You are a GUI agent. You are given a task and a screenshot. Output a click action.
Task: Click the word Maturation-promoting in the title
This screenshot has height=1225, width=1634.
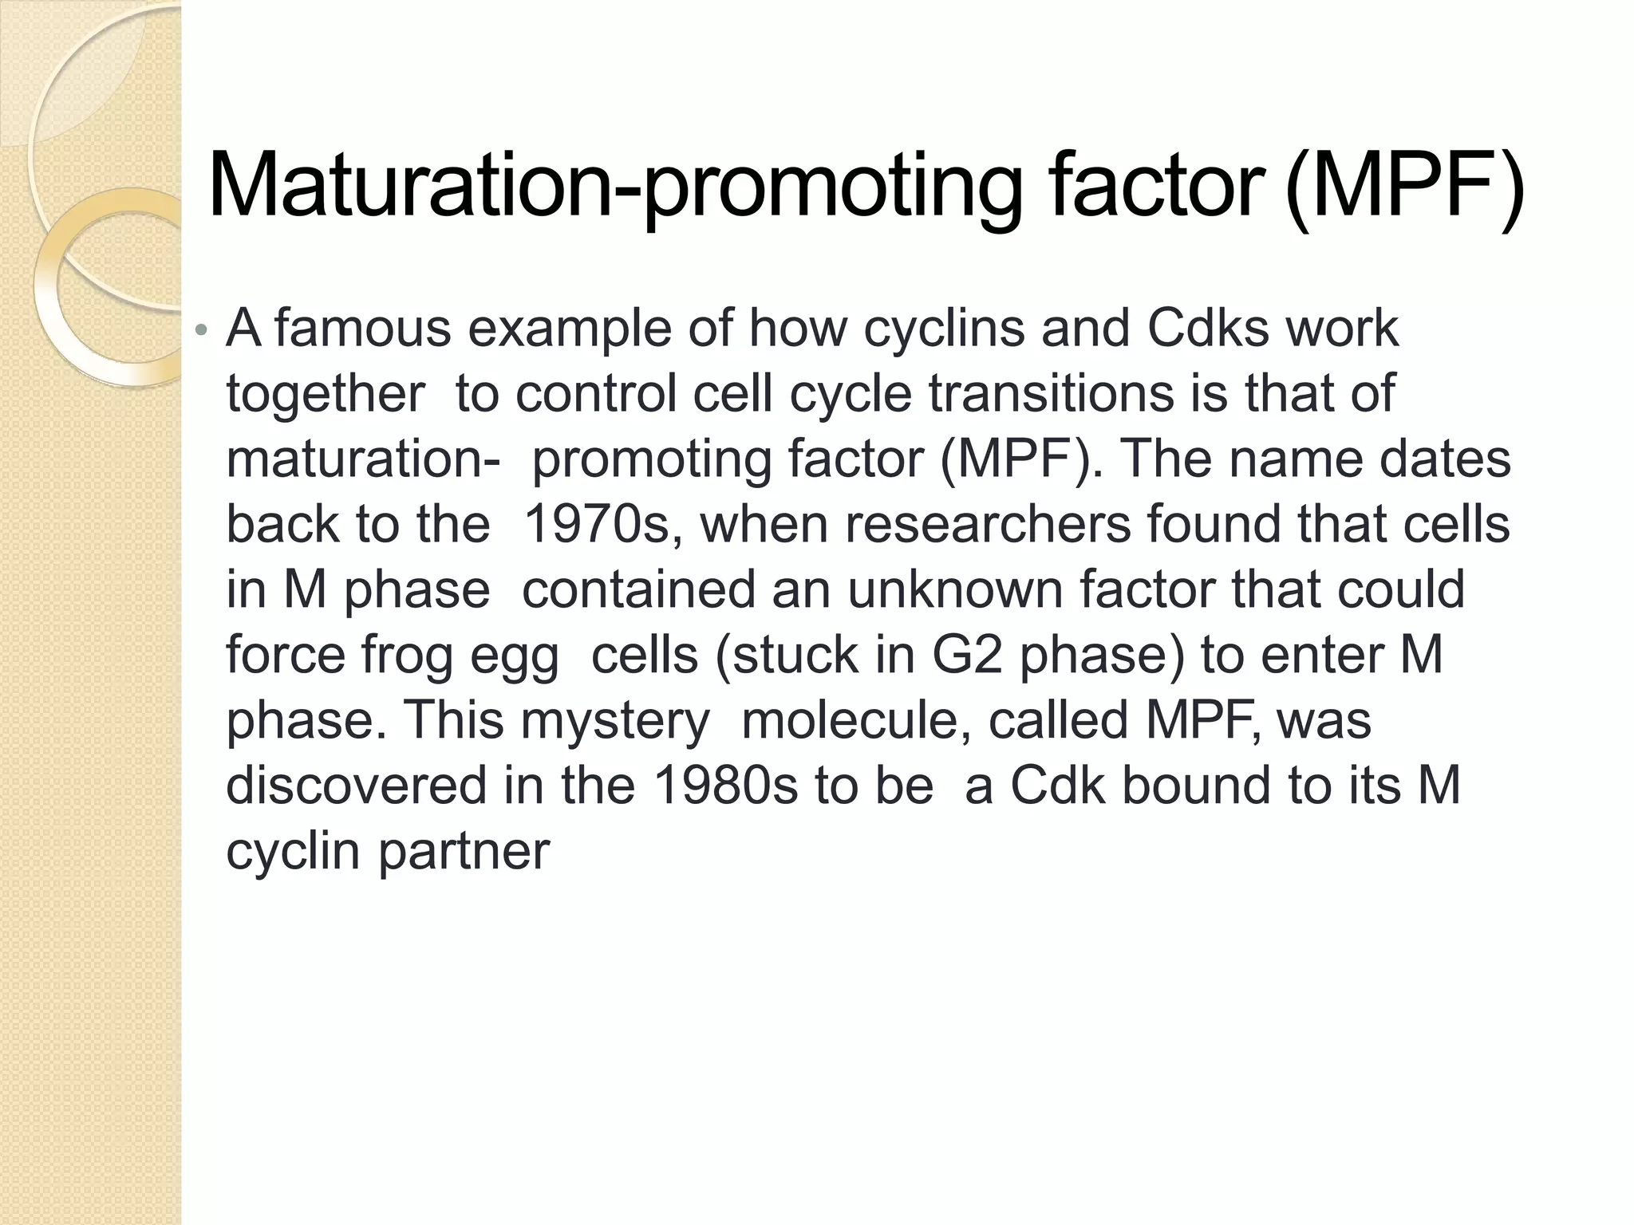[614, 185]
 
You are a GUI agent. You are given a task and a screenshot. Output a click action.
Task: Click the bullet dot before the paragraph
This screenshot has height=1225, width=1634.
[201, 329]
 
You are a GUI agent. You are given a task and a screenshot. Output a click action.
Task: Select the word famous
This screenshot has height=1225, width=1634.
[363, 328]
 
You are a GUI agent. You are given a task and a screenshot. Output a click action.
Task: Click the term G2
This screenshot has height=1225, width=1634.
[966, 655]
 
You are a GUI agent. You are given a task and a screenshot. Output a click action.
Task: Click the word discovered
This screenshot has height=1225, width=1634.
[356, 786]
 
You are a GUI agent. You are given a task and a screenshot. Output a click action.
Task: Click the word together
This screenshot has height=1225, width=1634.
[326, 395]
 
